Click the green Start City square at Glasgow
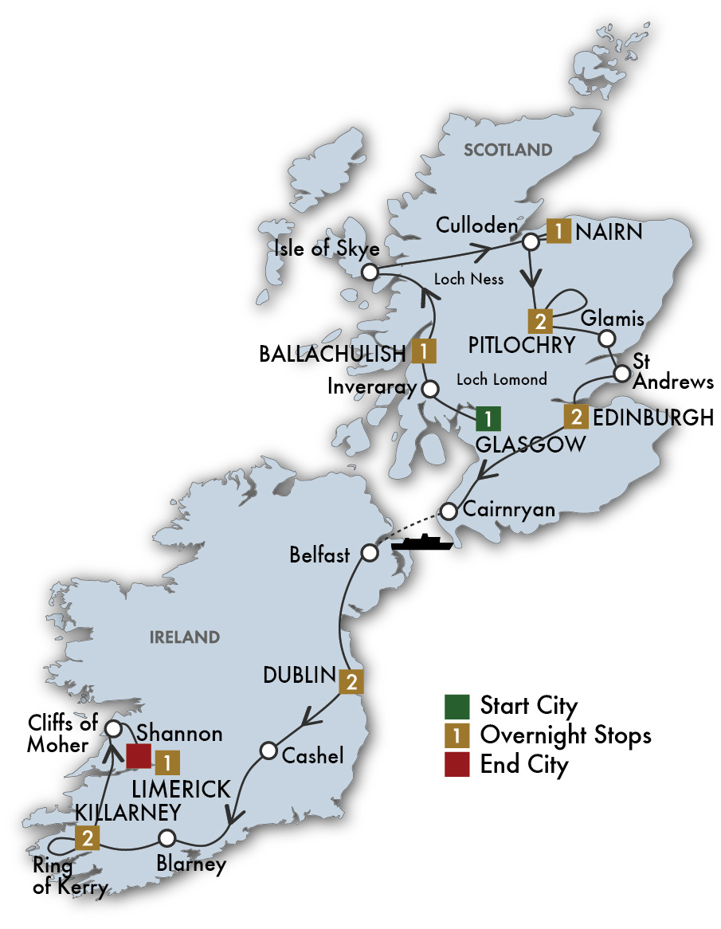(488, 417)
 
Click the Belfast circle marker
(369, 553)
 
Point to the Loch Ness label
(469, 280)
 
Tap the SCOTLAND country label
(508, 150)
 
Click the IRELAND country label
(183, 637)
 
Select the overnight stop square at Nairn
(560, 232)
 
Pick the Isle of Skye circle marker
(369, 272)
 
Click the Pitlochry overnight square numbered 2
(540, 322)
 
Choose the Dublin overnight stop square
(351, 681)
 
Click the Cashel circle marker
(268, 751)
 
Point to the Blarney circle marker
(167, 838)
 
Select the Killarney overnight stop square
(88, 838)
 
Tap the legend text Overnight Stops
(566, 735)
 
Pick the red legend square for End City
(456, 765)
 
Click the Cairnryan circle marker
(450, 510)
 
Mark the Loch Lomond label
(501, 379)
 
